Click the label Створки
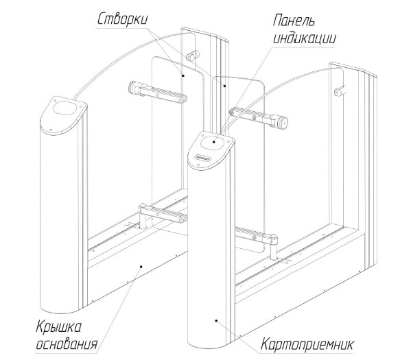click(122, 19)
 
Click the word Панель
click(294, 20)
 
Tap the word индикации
click(304, 38)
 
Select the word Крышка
click(59, 327)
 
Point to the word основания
click(67, 344)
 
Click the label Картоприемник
click(307, 344)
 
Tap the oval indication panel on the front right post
click(213, 143)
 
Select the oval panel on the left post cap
click(64, 108)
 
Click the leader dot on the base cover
click(141, 267)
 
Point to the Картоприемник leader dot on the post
click(216, 321)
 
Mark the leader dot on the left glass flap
click(183, 75)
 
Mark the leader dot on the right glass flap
click(224, 86)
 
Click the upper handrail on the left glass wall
click(157, 92)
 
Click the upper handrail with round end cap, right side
click(259, 117)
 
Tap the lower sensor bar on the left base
click(163, 214)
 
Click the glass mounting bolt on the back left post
click(193, 56)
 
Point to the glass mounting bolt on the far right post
click(338, 91)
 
